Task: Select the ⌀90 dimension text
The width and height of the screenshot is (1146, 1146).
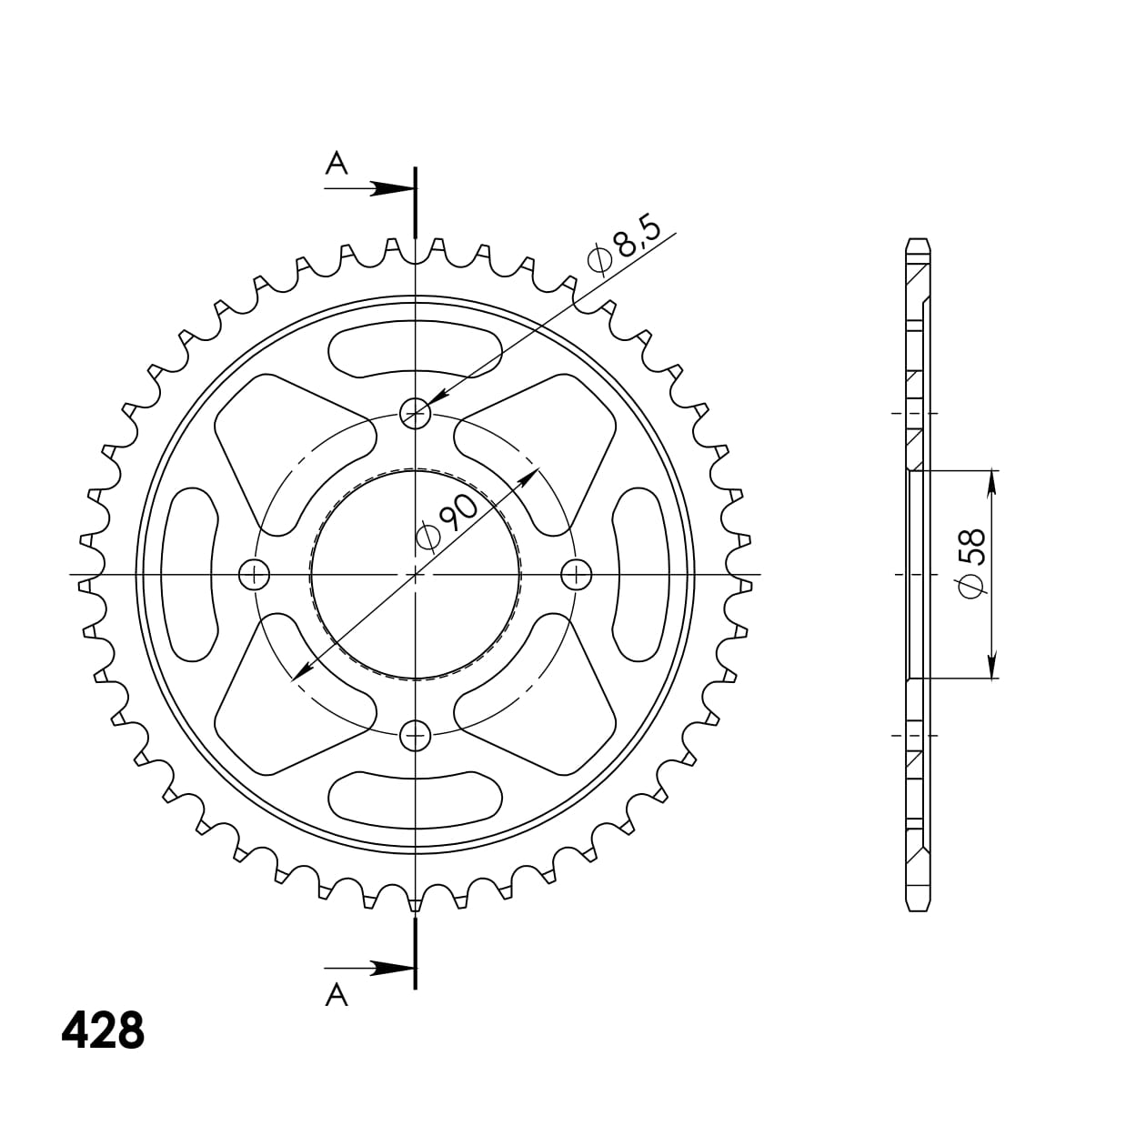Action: [447, 521]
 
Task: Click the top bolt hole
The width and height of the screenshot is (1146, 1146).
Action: [416, 413]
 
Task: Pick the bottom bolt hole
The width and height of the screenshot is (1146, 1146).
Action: [416, 736]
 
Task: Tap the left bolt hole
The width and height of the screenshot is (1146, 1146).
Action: [254, 575]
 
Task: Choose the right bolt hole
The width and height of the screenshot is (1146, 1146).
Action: [577, 575]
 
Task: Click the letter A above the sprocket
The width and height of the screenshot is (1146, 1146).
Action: [337, 163]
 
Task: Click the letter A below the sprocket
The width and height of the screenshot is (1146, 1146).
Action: [337, 994]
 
